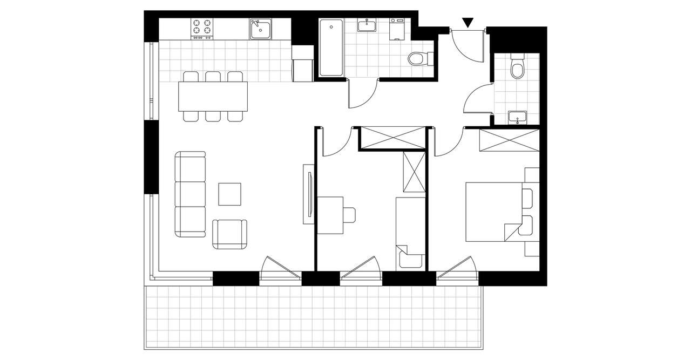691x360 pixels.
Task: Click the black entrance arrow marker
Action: point(468,22)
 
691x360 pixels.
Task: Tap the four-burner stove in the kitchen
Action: point(202,29)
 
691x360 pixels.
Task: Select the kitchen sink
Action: point(260,29)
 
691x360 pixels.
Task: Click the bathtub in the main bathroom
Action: point(330,47)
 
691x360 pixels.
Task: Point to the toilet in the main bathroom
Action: point(419,58)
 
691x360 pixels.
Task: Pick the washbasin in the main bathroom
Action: point(368,25)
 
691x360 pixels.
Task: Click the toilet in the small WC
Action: point(517,67)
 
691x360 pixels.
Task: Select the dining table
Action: point(213,96)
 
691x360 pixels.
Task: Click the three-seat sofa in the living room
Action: point(191,194)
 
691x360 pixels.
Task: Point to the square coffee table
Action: point(229,194)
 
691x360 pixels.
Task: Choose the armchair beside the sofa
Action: point(230,233)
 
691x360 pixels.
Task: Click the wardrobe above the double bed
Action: point(509,140)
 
